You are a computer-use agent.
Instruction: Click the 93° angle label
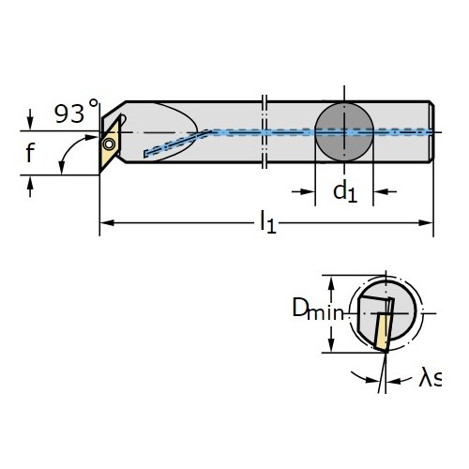[x=77, y=112]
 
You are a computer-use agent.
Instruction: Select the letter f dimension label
[x=30, y=153]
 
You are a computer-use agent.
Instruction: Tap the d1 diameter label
[x=345, y=192]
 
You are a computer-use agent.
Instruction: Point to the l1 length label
[x=268, y=222]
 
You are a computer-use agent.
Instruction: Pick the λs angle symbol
[x=430, y=377]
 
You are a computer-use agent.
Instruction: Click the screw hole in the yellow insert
[x=109, y=144]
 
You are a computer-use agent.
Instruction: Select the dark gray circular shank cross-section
[x=344, y=132]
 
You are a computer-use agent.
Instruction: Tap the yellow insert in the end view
[x=383, y=332]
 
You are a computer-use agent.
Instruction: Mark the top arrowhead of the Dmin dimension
[x=332, y=283]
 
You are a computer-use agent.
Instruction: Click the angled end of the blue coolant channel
[x=146, y=154]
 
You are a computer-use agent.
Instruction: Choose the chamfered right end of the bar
[x=431, y=131]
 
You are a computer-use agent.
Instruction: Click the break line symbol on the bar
[x=265, y=131]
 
